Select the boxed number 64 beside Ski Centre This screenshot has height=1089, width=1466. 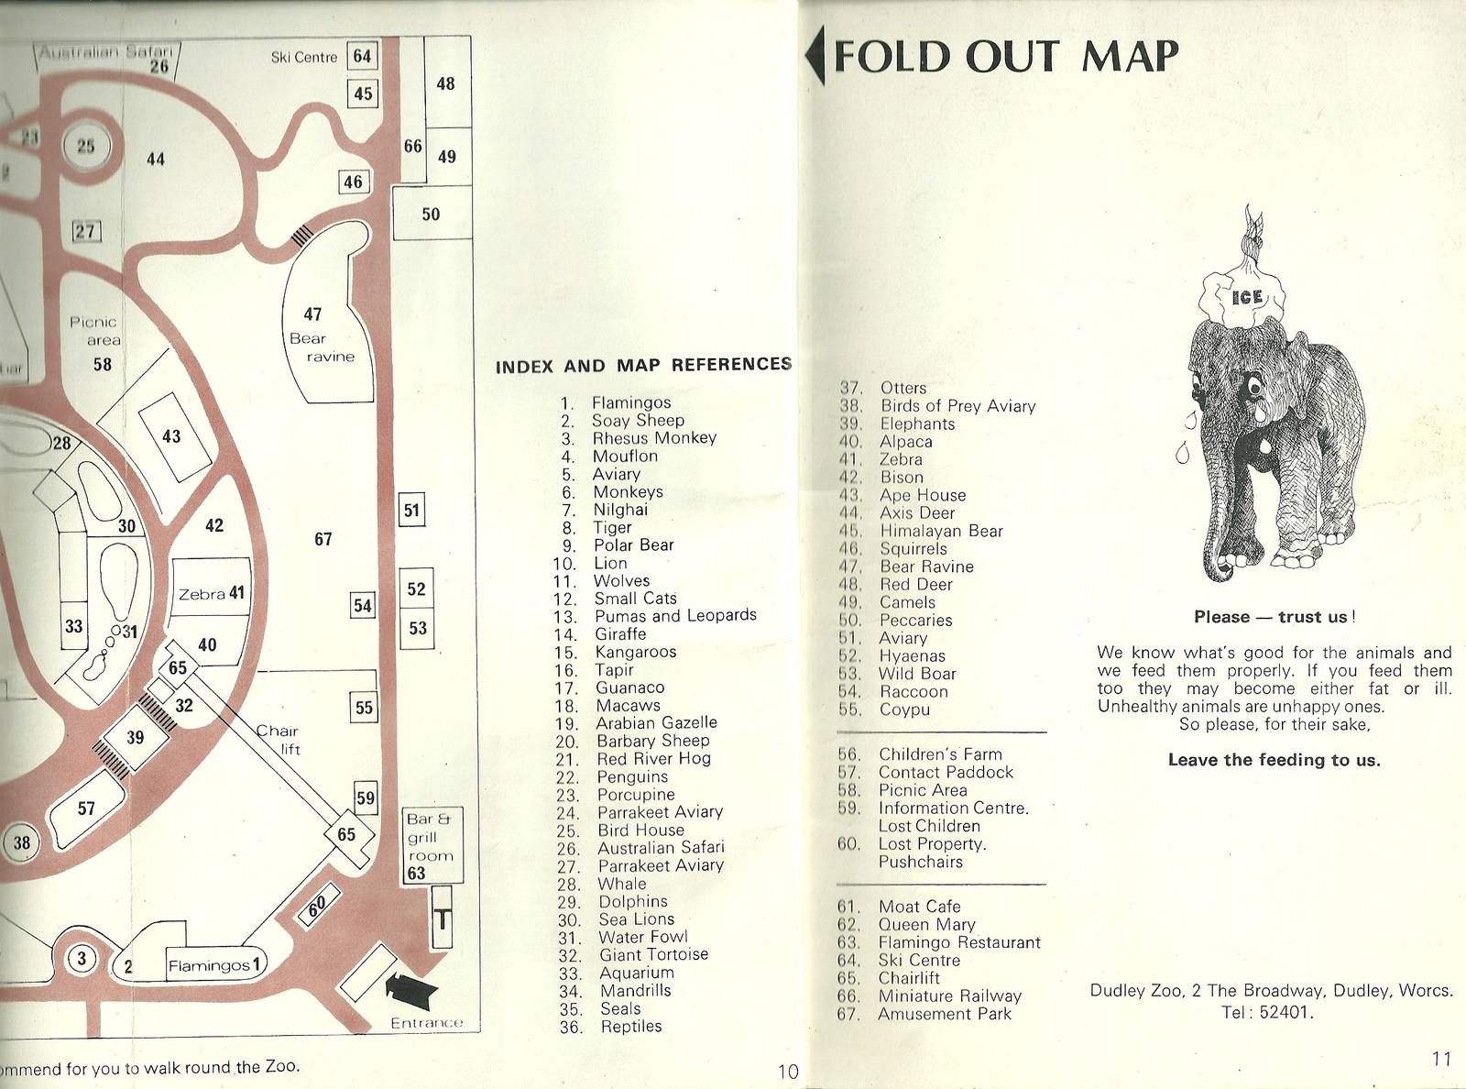click(363, 57)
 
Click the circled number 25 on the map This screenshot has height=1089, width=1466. click(85, 147)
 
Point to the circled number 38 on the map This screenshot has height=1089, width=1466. click(22, 843)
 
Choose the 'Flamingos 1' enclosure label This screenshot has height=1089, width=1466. click(216, 965)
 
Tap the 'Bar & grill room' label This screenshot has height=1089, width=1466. click(429, 837)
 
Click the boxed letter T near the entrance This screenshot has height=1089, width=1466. click(442, 918)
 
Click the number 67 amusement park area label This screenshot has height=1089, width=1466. click(323, 539)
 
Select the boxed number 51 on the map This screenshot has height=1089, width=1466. click(412, 511)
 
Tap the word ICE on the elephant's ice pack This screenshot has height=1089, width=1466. click(1247, 297)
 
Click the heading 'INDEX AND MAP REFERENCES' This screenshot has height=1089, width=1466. click(643, 366)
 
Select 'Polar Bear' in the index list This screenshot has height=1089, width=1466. click(633, 545)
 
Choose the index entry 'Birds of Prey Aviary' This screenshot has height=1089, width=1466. click(957, 406)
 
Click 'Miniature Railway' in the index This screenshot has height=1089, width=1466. click(949, 996)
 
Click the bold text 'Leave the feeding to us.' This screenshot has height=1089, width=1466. click(1274, 760)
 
